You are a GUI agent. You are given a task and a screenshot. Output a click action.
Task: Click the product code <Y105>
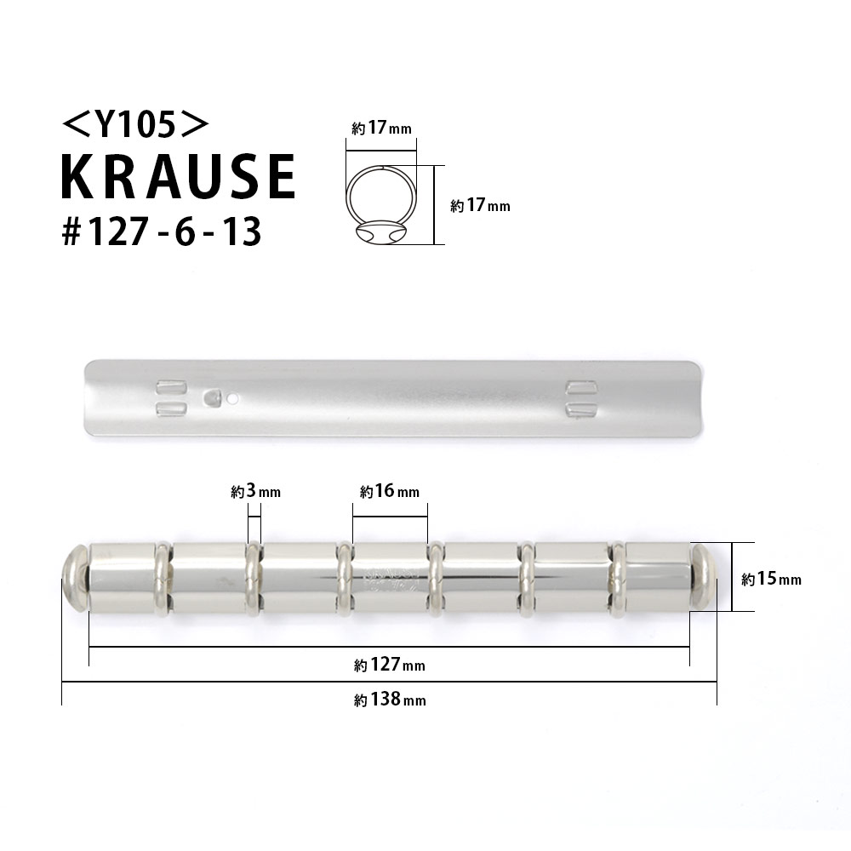[x=135, y=125]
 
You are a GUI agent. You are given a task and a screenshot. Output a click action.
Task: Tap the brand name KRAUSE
[x=177, y=178]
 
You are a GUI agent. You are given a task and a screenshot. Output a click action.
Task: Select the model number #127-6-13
[x=161, y=231]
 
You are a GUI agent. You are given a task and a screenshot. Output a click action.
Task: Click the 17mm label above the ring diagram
[x=381, y=129]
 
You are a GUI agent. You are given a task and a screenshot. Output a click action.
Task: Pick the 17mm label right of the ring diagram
[x=480, y=205]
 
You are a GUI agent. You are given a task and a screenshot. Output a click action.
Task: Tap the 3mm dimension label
[x=255, y=492]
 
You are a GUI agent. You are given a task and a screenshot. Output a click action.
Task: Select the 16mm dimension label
[x=390, y=492]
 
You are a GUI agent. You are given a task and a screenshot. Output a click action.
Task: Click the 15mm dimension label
[x=771, y=580]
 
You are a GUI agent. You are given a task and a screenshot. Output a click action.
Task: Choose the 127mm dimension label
[x=390, y=665]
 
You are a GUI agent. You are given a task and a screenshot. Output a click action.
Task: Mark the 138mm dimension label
[x=390, y=700]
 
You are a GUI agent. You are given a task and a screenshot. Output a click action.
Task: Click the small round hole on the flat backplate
[x=233, y=397]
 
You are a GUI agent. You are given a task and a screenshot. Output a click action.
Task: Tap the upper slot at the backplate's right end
[x=581, y=388]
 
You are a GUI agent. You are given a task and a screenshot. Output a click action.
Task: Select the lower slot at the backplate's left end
[x=170, y=409]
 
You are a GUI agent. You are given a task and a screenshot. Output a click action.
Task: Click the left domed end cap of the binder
[x=75, y=578]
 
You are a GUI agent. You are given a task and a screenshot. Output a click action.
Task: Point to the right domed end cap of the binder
[x=705, y=578]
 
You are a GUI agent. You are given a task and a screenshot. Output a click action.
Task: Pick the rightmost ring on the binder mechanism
[x=619, y=578]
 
